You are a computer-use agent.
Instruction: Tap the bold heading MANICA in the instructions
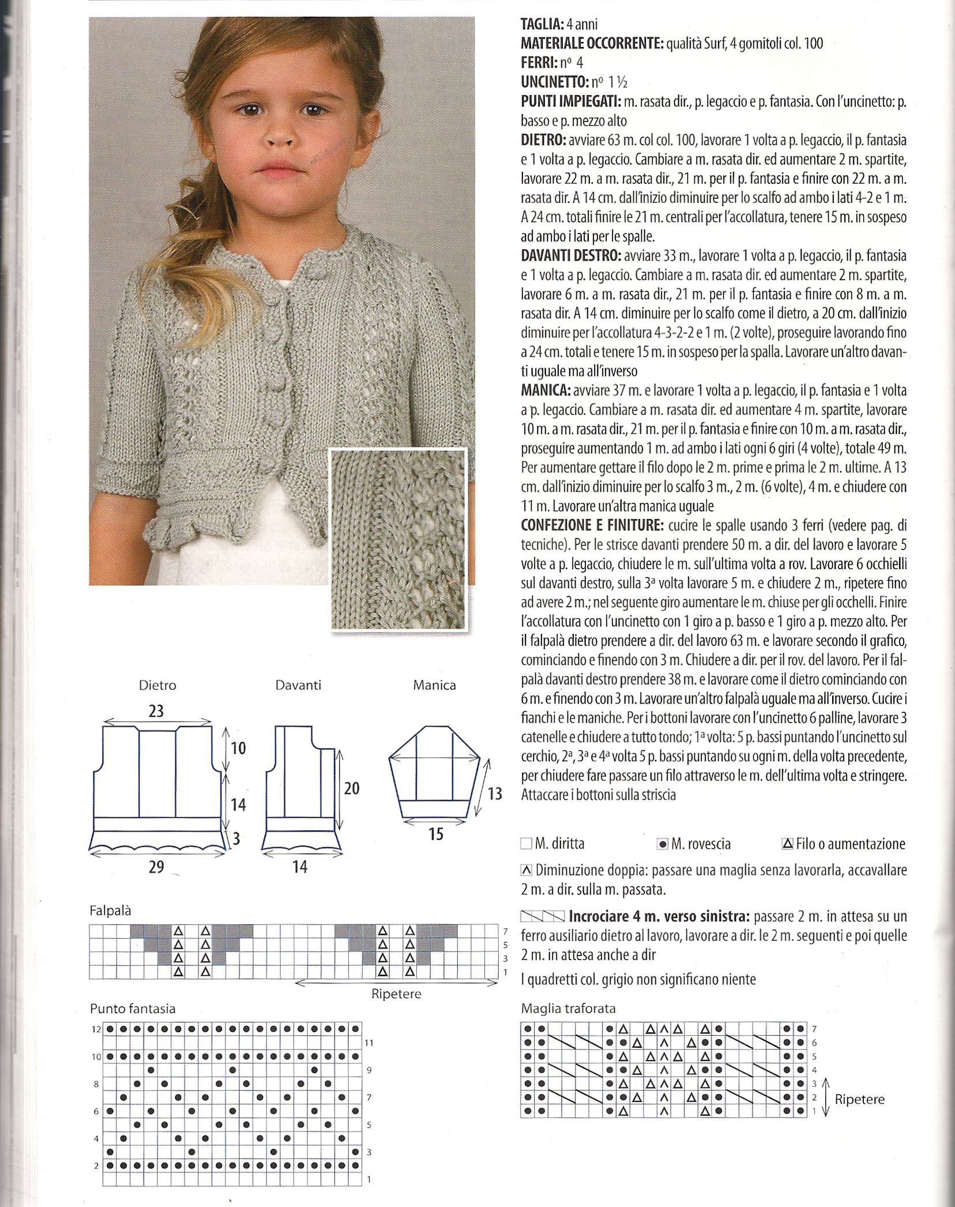click(x=546, y=390)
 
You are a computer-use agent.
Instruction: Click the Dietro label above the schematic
click(x=157, y=685)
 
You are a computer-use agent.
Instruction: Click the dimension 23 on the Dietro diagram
click(x=156, y=711)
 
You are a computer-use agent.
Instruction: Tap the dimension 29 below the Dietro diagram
click(x=156, y=866)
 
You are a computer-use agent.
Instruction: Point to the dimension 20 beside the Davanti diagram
click(x=351, y=788)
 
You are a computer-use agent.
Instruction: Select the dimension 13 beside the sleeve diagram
click(x=495, y=794)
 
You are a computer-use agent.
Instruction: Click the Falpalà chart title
click(x=110, y=911)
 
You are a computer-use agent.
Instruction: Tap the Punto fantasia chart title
click(x=133, y=1009)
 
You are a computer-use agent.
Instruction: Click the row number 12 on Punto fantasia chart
click(x=96, y=1029)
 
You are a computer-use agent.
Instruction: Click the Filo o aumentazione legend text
click(x=851, y=844)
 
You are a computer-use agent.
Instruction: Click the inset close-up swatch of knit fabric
click(x=398, y=539)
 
